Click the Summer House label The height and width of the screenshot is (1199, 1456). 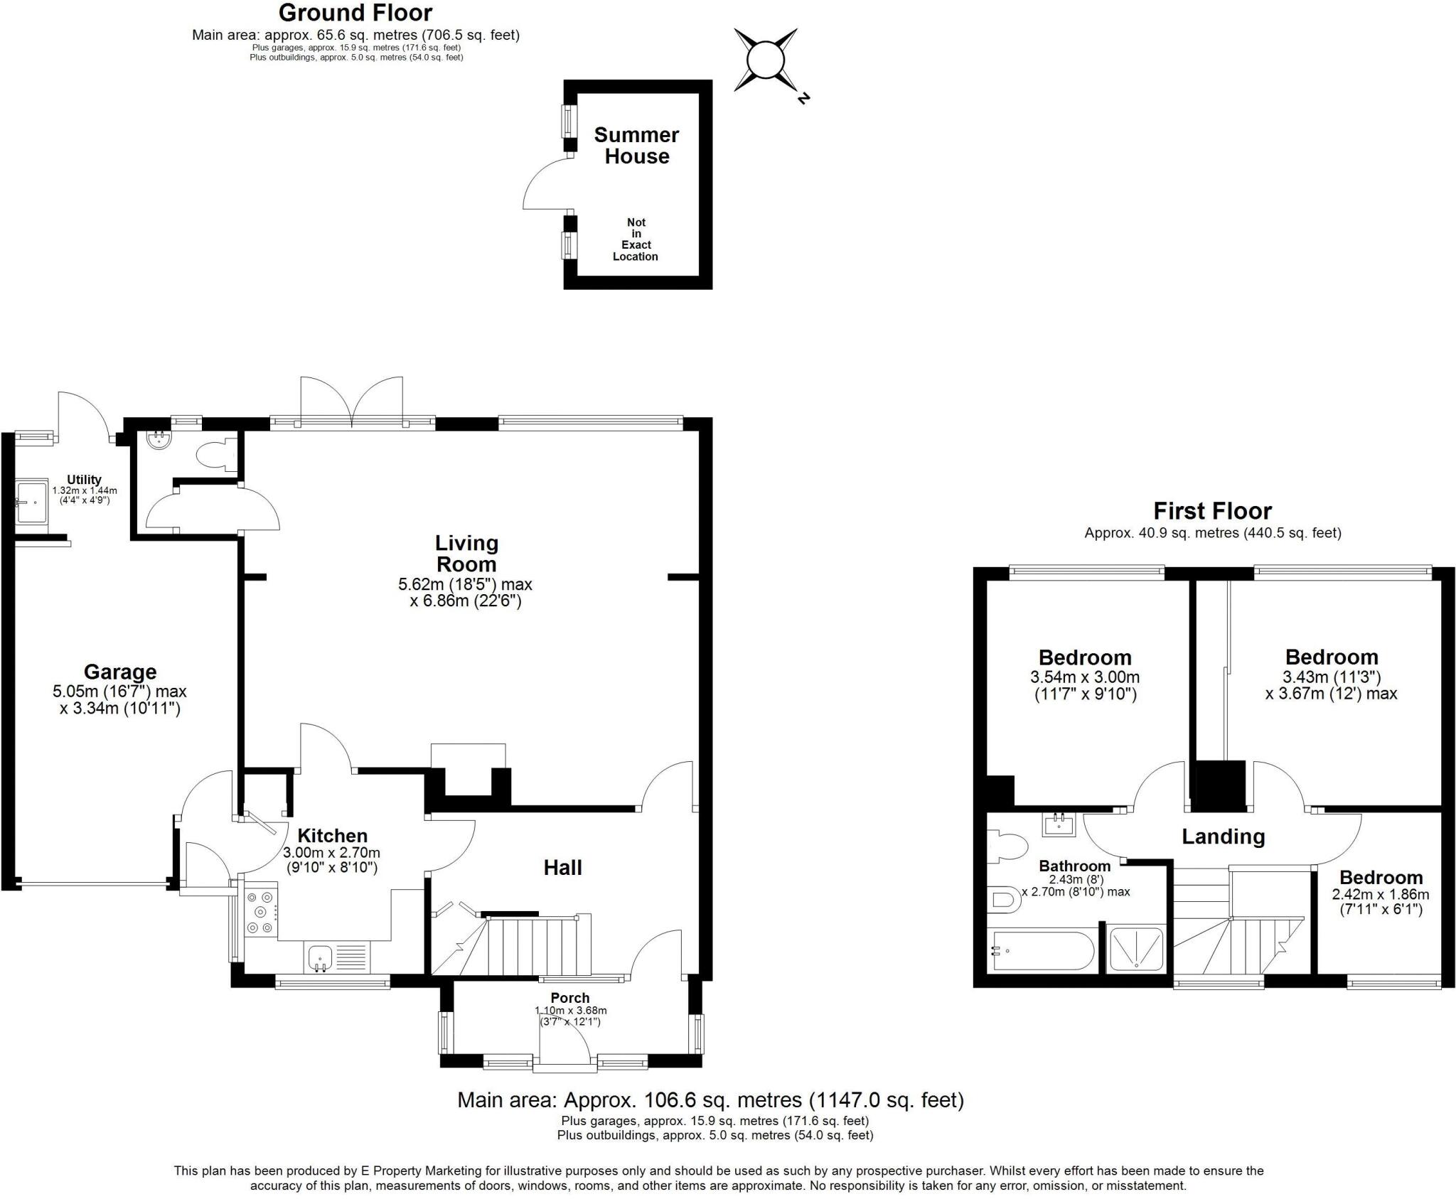tap(636, 145)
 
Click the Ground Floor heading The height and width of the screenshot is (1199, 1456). tap(355, 13)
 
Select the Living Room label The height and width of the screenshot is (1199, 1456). tap(466, 553)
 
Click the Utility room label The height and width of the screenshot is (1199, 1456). tap(84, 480)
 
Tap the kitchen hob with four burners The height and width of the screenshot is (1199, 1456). tap(259, 912)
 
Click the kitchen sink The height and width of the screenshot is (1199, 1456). tap(321, 957)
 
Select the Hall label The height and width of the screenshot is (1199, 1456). tap(562, 867)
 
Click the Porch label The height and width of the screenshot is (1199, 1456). tap(569, 998)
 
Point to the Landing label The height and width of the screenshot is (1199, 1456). tap(1223, 837)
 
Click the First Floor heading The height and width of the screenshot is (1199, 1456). tap(1212, 510)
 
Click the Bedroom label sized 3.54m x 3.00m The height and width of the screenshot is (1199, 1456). tap(1085, 657)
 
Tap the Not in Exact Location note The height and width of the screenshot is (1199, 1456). tap(636, 240)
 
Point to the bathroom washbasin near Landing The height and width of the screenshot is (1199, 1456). tap(1059, 824)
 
